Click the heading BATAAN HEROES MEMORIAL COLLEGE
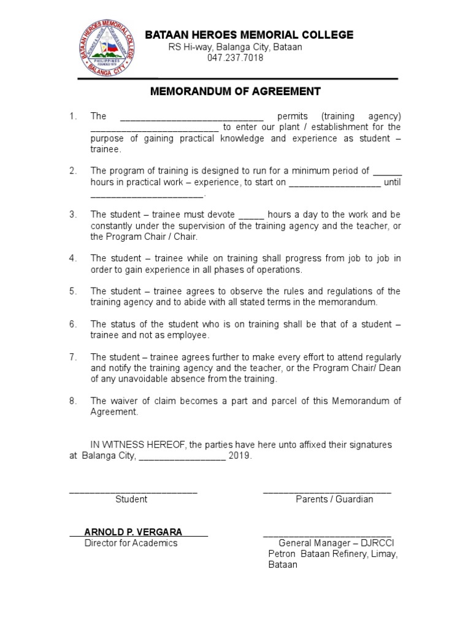249,35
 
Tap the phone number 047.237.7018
235,58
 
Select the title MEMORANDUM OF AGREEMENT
236,91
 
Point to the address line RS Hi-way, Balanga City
235,47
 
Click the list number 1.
72,116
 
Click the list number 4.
72,258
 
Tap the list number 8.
72,400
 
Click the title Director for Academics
131,543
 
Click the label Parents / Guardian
334,499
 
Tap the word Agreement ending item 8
114,412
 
